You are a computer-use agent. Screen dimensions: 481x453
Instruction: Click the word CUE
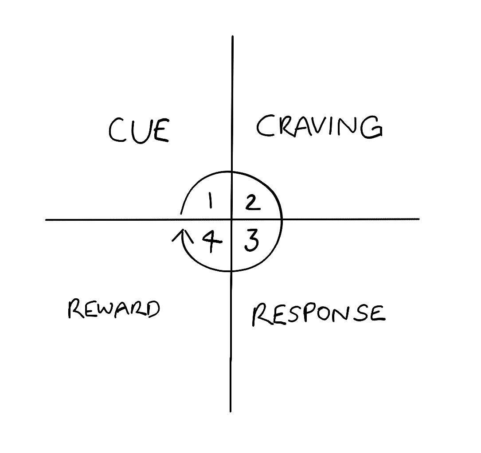[139, 129]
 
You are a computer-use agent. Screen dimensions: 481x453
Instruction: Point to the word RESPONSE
[318, 314]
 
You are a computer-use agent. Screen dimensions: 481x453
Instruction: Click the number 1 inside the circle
[211, 202]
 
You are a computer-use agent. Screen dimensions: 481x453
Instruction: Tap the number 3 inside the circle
[251, 241]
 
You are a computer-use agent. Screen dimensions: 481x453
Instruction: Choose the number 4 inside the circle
[212, 242]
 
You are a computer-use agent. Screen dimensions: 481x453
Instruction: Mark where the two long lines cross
[232, 219]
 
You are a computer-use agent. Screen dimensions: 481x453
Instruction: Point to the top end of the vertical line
[233, 36]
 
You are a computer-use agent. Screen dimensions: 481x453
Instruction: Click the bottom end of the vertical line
[231, 411]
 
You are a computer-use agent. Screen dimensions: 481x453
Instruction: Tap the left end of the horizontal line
[46, 219]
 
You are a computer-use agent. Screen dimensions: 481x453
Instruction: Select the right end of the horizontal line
[418, 219]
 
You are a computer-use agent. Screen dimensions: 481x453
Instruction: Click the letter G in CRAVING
[371, 128]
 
